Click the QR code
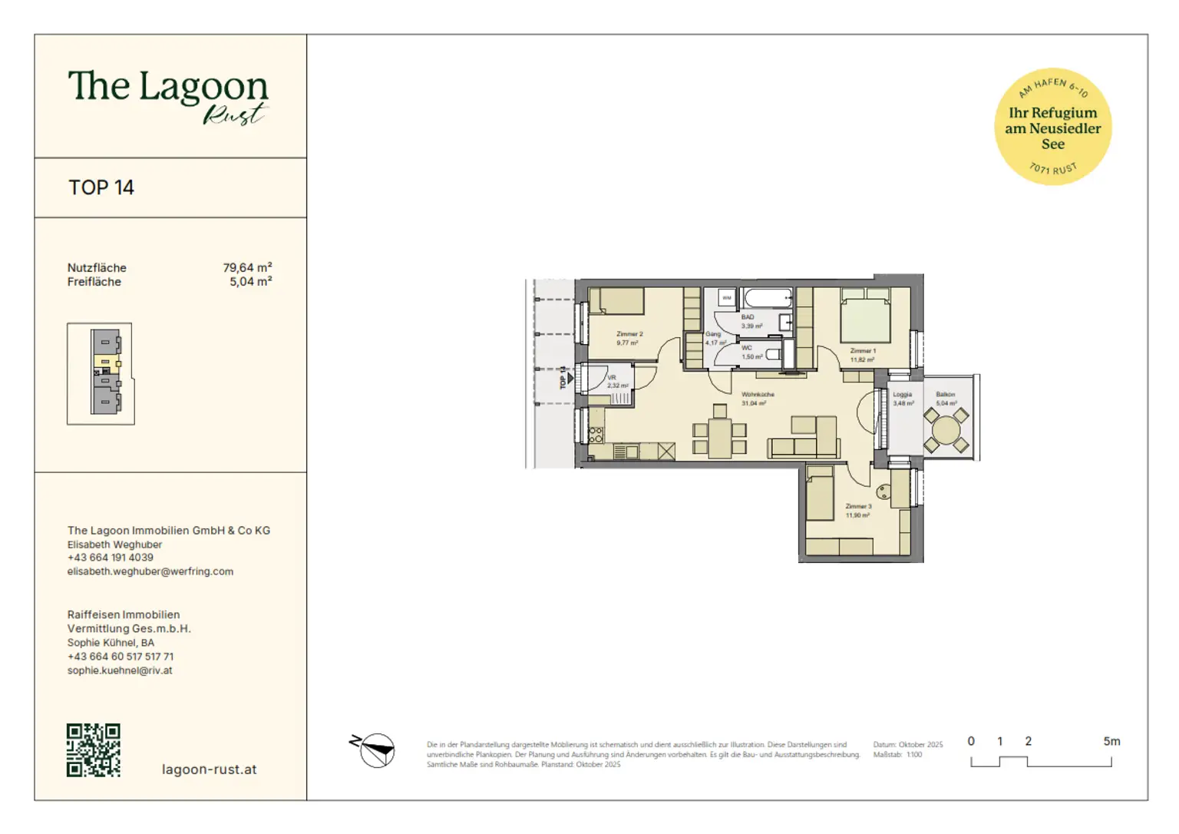[x=94, y=750]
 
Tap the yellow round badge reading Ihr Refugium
[x=1052, y=127]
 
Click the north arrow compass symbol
[x=375, y=750]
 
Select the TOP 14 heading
[x=101, y=187]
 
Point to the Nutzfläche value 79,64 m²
[x=247, y=268]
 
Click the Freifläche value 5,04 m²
[x=250, y=282]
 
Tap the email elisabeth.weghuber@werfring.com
[x=150, y=571]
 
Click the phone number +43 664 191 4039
[x=111, y=558]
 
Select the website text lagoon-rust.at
[x=209, y=769]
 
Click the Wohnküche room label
[x=758, y=395]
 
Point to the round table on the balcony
[x=946, y=430]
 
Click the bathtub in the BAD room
[x=768, y=298]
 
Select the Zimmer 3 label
[x=858, y=507]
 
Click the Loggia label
[x=903, y=395]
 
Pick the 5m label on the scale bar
[x=1111, y=742]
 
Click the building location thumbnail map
[x=101, y=373]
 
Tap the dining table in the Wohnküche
[x=720, y=438]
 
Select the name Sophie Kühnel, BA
[x=111, y=643]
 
